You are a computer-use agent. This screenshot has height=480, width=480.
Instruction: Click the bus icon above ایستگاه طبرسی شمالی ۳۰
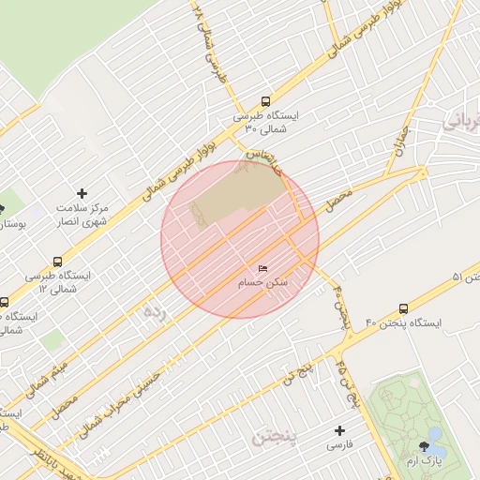pyautogui.click(x=265, y=101)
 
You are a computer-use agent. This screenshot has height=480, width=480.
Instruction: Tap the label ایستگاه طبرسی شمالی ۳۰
pyautogui.click(x=265, y=122)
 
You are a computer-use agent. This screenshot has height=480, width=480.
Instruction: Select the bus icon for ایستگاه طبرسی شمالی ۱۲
pyautogui.click(x=58, y=262)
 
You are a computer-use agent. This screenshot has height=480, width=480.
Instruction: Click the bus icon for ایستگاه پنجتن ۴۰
pyautogui.click(x=404, y=307)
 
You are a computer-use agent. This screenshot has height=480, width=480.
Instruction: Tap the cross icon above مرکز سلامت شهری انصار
pyautogui.click(x=82, y=192)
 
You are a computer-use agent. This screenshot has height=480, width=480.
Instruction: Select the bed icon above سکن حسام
pyautogui.click(x=262, y=269)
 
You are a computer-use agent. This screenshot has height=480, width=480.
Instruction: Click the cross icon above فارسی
pyautogui.click(x=339, y=430)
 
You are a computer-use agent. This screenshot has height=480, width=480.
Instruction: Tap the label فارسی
pyautogui.click(x=339, y=446)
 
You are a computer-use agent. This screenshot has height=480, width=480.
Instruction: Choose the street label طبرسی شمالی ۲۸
pyautogui.click(x=210, y=42)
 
